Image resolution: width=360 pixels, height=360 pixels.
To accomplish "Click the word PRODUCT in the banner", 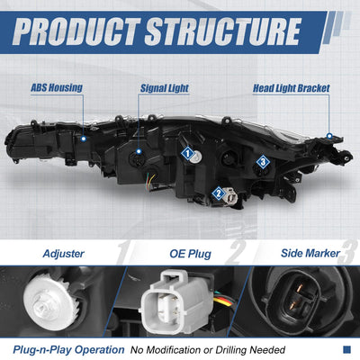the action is click(x=76, y=31).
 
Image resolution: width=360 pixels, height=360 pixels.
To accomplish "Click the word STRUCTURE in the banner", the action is click(x=223, y=31).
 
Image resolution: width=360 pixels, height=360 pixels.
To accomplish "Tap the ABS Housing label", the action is click(x=57, y=88).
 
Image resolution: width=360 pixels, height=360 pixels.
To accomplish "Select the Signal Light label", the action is click(x=165, y=88).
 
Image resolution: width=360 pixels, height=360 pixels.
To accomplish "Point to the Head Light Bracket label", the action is click(x=292, y=88).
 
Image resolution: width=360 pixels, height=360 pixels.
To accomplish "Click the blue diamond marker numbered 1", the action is click(x=188, y=154).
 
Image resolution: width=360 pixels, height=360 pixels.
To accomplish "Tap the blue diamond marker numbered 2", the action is click(x=219, y=193).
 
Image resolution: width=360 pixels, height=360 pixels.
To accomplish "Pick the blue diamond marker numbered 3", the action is click(x=263, y=162).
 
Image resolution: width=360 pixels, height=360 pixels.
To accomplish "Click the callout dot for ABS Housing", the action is click(x=84, y=139).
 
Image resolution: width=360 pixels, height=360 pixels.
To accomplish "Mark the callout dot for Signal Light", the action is click(x=139, y=151).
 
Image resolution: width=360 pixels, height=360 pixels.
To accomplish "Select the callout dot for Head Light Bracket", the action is click(x=329, y=136).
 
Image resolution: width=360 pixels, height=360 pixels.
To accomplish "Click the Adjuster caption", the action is click(x=63, y=254).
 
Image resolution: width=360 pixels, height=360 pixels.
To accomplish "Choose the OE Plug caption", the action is click(x=190, y=254).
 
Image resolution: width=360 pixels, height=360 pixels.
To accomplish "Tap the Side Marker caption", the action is click(x=310, y=253).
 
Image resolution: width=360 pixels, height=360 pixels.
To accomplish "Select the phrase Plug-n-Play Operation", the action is click(x=68, y=350).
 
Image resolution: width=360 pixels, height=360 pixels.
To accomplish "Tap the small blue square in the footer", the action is click(x=346, y=349).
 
